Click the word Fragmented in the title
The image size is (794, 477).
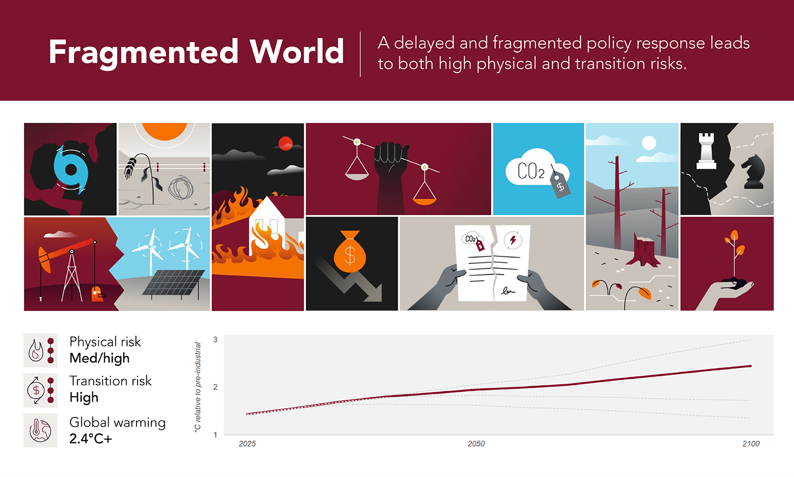143,53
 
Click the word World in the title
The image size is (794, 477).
296,52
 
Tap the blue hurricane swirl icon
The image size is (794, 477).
71,169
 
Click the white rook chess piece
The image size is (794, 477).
706,151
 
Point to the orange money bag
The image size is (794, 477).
349,251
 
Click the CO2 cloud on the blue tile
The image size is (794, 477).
537,168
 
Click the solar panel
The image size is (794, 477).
173,282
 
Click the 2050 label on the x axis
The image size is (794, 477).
476,444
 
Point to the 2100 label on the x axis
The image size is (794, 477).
751,444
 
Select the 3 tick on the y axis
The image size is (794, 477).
215,340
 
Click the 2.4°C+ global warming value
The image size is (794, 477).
90,439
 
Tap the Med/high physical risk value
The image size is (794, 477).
99,358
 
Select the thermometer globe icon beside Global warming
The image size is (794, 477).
40,430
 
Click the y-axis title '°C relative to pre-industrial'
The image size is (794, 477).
198,387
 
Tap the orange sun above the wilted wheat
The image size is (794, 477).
164,131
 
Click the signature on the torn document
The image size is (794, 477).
508,291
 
